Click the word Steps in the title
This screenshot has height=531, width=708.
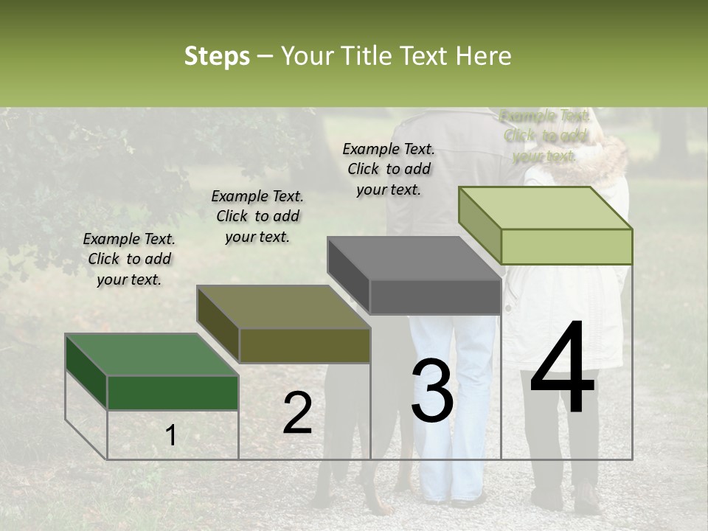217,56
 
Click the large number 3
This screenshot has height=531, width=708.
432,391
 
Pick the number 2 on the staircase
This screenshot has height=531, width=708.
297,413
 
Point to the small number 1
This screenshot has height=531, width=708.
170,436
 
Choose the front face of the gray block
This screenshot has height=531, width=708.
434,297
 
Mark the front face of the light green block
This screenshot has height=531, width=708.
566,246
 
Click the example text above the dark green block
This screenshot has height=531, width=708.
129,259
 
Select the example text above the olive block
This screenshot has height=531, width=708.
257,216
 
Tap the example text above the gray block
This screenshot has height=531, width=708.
389,169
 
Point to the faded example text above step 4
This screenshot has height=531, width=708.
544,136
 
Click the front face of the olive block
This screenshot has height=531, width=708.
305,346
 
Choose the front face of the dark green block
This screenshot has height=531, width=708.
173,392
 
